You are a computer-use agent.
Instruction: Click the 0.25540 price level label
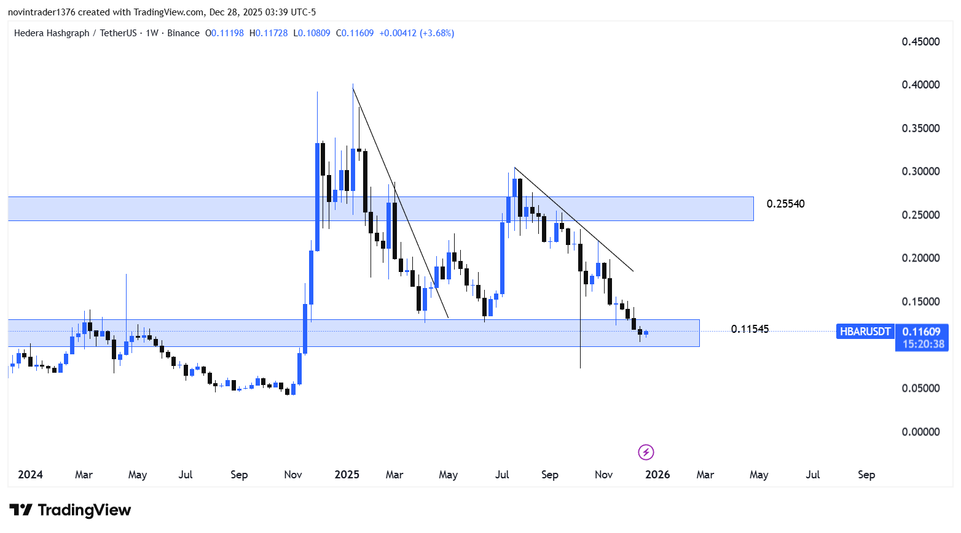[785, 204]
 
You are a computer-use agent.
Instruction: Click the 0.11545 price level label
[750, 329]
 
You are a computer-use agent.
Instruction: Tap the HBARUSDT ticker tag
[865, 332]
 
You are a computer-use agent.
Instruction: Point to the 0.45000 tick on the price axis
[920, 42]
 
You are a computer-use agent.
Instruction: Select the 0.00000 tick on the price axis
[920, 432]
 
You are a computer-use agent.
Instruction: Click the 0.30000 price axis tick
[920, 171]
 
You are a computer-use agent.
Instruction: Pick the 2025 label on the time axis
[347, 475]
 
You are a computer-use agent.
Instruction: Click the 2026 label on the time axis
[657, 475]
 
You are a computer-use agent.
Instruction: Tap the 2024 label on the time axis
[30, 475]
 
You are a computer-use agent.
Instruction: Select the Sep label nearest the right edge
[866, 475]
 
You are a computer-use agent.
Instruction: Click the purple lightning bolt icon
[646, 453]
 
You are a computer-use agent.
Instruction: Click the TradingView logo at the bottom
[70, 510]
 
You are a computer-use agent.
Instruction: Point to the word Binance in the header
[183, 33]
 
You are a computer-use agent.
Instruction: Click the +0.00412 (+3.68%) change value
[417, 33]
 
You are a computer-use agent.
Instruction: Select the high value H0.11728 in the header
[269, 33]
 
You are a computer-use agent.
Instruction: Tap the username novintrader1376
[41, 12]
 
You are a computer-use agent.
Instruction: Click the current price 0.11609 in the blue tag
[921, 332]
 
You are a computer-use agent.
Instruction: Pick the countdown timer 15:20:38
[923, 344]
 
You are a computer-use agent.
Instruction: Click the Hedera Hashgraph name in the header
[52, 33]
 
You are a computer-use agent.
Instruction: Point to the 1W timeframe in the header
[152, 33]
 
